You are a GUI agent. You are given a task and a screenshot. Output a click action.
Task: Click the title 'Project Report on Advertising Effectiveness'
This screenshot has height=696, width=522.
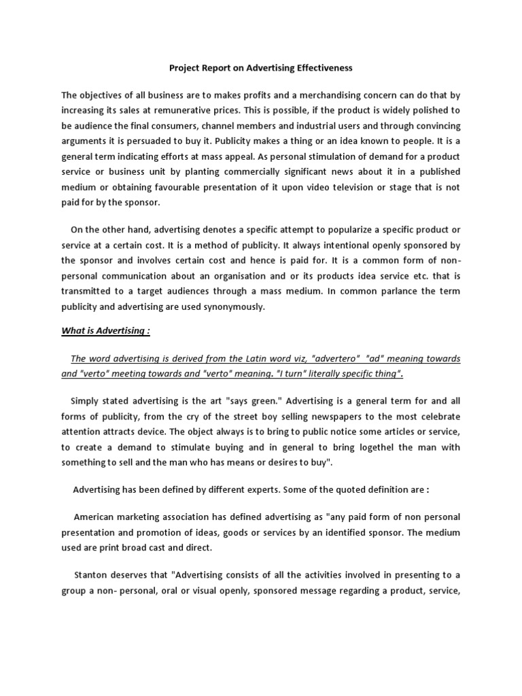tap(261, 68)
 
